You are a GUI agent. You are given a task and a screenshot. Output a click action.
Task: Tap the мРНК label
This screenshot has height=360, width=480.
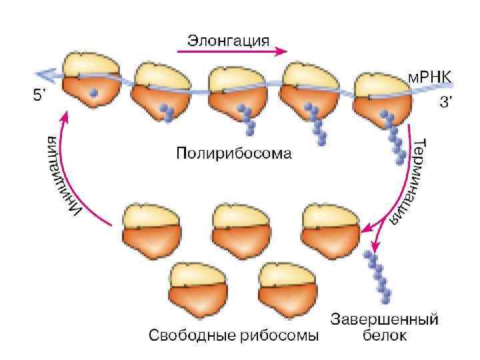pyautogui.click(x=429, y=77)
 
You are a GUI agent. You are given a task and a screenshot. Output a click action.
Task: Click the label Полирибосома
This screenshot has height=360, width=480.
pyautogui.click(x=234, y=155)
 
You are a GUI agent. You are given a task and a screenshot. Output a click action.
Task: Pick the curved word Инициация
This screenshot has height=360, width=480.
pyautogui.click(x=63, y=175)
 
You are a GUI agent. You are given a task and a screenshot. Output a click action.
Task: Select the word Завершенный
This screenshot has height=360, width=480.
pyautogui.click(x=385, y=319)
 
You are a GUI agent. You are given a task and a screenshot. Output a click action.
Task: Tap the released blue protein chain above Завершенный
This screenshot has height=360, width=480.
pyautogui.click(x=380, y=276)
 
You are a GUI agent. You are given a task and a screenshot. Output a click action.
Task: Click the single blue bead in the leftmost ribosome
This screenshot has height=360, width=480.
pyautogui.click(x=94, y=94)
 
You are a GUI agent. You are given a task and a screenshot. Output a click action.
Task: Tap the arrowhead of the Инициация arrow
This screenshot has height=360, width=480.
pyautogui.click(x=65, y=117)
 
